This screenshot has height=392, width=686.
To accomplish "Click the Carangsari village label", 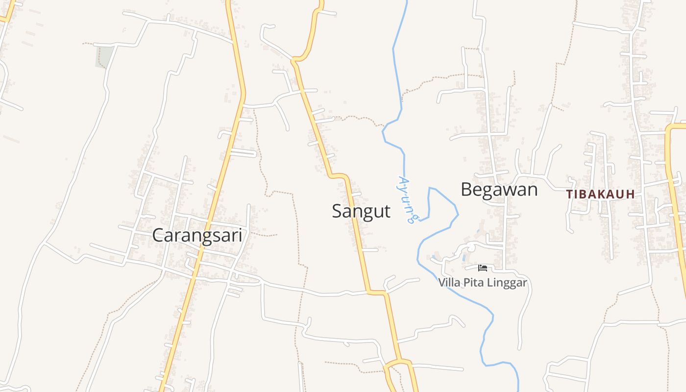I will pyautogui.click(x=197, y=235).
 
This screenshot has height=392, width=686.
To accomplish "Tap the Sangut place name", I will pyautogui.click(x=361, y=211).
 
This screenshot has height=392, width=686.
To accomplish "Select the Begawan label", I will pyautogui.click(x=499, y=189).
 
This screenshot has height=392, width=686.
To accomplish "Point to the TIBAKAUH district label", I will pyautogui.click(x=600, y=195).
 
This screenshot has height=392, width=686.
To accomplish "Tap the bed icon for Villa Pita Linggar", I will pyautogui.click(x=483, y=268).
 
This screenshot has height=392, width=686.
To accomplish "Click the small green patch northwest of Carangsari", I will pyautogui.click(x=104, y=56).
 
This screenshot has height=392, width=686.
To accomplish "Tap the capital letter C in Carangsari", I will pyautogui.click(x=158, y=235).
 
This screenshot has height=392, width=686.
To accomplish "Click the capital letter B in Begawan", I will pyautogui.click(x=467, y=189).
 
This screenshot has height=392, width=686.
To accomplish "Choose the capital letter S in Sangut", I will pyautogui.click(x=338, y=211).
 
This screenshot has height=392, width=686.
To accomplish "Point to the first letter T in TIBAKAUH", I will pyautogui.click(x=569, y=195).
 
